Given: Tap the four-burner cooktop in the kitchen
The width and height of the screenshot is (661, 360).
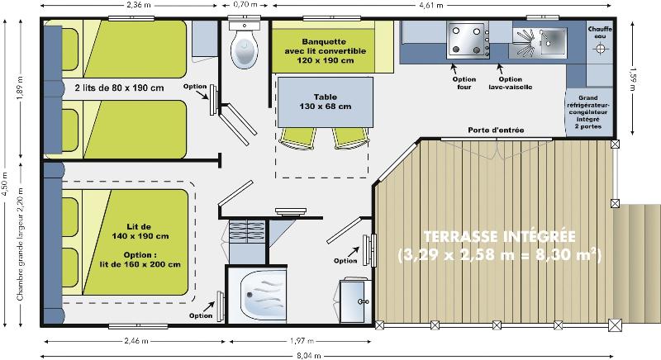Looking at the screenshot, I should pos(466,40).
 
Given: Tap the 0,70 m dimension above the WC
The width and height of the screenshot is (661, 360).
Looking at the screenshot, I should pos(244,6).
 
